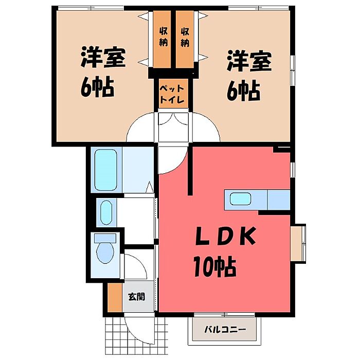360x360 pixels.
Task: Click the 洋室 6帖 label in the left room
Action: click(102, 73)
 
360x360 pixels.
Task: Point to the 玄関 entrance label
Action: click(136, 296)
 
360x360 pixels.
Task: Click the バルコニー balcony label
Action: click(224, 329)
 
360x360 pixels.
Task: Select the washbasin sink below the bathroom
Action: click(105, 211)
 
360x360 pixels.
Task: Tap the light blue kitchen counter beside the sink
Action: click(279, 200)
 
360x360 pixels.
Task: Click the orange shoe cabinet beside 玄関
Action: click(113, 297)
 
